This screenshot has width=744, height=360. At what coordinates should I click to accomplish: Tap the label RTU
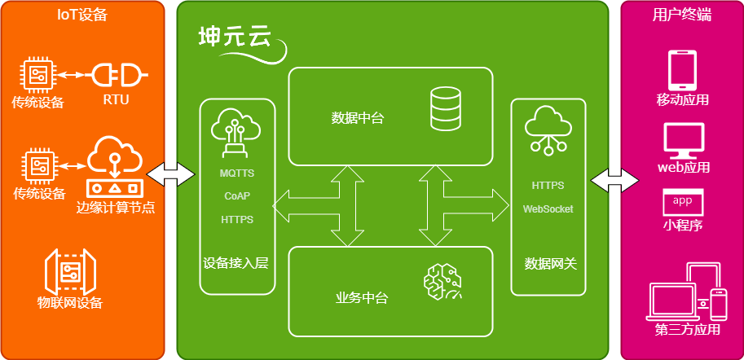point(116,100)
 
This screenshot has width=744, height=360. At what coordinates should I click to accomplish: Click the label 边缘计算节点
point(116,207)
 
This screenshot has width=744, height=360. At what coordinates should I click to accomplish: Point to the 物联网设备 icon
point(70,270)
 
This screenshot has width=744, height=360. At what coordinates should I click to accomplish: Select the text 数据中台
point(357,118)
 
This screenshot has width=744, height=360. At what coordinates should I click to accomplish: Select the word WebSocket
point(548,209)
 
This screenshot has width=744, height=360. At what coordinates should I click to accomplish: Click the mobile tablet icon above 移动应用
point(681,71)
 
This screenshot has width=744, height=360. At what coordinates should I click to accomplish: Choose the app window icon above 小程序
point(682,202)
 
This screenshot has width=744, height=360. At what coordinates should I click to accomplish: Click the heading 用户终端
point(682,15)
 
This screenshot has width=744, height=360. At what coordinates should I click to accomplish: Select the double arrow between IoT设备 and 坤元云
point(171,173)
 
